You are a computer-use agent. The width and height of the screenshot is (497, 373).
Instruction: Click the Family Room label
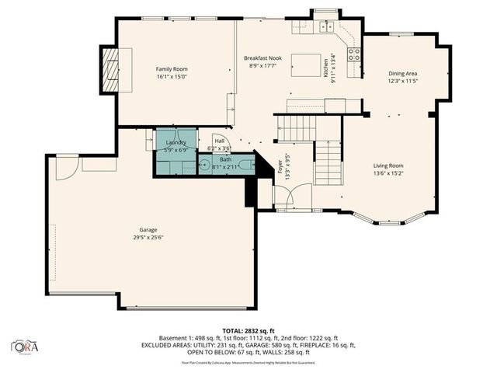coord(172,69)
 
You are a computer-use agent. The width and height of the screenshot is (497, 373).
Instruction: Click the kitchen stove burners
coord(353,54)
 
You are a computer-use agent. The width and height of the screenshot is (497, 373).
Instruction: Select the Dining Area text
coord(402,74)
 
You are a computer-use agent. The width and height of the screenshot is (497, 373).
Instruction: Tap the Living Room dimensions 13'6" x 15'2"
coord(388,173)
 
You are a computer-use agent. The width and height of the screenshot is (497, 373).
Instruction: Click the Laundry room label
coord(176,143)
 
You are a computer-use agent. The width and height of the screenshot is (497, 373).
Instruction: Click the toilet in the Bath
coord(245,165)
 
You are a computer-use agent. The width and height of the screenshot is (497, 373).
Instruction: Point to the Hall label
coord(219,141)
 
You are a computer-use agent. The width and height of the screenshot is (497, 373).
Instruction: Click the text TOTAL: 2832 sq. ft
coord(248,329)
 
